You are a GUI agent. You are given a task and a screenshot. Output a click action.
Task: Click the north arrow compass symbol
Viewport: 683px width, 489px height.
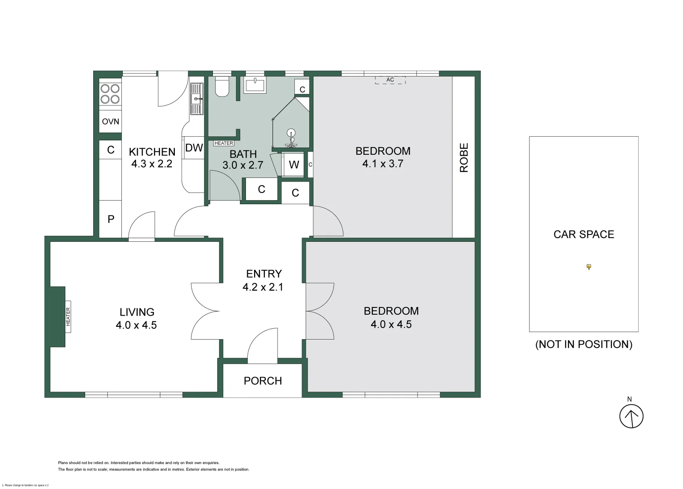631,416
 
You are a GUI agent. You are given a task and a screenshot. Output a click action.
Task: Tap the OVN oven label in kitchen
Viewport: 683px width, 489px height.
111,121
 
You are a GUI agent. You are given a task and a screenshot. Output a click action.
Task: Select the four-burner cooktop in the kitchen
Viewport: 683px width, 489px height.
110,94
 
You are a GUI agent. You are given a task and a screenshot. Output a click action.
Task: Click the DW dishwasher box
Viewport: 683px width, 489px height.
194,148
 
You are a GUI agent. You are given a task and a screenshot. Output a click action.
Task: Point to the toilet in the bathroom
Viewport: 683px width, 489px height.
222,86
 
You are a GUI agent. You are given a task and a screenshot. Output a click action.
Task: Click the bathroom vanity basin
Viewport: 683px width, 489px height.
255,85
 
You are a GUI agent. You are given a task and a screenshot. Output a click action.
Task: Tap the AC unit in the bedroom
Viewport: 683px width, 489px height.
390,80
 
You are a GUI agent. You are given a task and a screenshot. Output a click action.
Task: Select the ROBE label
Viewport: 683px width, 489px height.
464,158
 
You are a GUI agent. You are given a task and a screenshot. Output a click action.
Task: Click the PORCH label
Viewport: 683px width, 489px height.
263,381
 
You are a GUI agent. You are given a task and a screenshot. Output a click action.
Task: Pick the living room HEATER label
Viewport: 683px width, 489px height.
68,316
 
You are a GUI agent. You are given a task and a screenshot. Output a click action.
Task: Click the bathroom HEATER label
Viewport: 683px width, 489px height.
224,143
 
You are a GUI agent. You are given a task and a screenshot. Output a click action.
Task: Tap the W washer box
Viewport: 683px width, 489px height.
294,164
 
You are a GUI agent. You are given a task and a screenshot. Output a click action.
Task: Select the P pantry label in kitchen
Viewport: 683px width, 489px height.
111,219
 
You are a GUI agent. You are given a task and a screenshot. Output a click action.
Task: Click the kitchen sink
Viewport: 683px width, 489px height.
197,99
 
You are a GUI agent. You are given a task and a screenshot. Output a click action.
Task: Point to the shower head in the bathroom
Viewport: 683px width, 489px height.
291,134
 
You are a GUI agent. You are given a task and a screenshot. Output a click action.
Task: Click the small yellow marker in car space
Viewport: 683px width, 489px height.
588,267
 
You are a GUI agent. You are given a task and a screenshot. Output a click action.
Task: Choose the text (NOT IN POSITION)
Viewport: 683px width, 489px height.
583,344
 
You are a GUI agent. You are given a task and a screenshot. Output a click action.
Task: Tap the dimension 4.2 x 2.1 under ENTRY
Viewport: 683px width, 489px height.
263,287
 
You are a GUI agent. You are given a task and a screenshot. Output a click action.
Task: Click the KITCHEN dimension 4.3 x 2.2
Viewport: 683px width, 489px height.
152,164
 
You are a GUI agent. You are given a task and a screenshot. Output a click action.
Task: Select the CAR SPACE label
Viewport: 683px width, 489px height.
583,234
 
